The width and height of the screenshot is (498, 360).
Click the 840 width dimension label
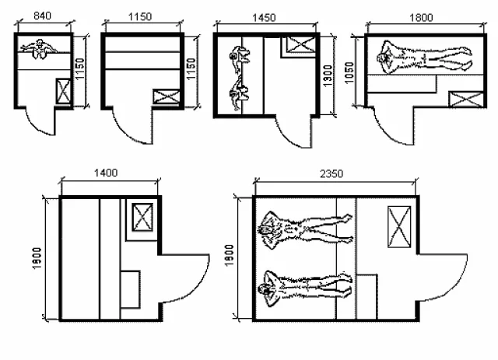[42, 16]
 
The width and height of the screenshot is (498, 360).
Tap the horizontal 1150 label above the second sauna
[140, 16]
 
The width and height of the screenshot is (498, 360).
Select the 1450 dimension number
[264, 18]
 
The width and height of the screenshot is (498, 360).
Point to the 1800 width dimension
[421, 17]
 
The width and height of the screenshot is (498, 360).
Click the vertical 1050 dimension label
[349, 72]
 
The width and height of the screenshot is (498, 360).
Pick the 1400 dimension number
[106, 173]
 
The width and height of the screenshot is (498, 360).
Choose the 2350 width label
[331, 173]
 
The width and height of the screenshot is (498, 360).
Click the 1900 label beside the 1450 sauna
[328, 75]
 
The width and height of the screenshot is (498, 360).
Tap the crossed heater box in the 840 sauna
[63, 91]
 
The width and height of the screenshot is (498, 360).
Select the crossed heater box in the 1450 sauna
[300, 44]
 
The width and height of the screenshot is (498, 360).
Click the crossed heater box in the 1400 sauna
[142, 217]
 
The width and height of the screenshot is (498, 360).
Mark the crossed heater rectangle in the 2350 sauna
[399, 227]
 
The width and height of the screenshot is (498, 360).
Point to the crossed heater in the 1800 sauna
[466, 99]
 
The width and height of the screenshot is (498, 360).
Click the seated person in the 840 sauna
[39, 49]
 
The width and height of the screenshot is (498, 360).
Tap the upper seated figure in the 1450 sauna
[239, 60]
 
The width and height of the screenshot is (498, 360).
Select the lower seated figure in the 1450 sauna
[239, 95]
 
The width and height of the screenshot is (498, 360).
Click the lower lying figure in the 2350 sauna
[305, 288]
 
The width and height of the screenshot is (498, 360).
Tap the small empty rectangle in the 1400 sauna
[130, 289]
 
